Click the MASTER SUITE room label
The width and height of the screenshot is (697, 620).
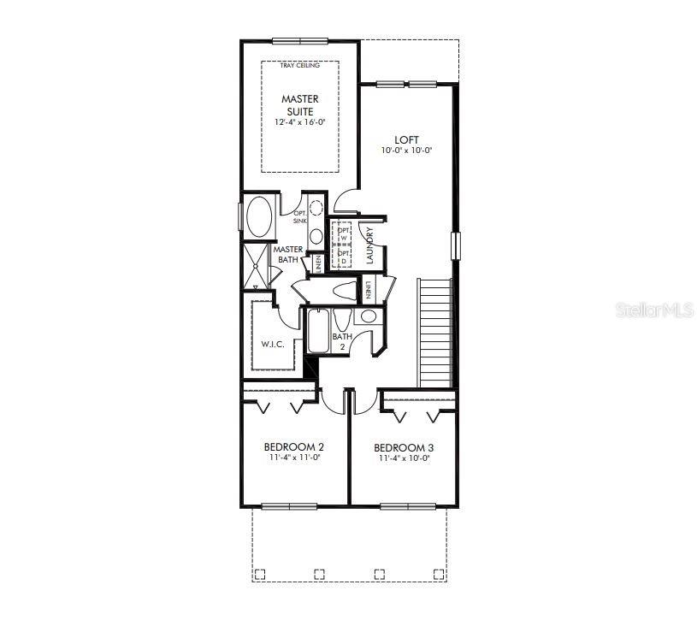point(299,105)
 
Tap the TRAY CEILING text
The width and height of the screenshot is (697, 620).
point(299,66)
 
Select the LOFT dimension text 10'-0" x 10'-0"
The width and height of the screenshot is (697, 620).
point(406,151)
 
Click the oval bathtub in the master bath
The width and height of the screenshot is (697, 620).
point(258,217)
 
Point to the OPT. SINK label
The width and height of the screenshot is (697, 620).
point(300,216)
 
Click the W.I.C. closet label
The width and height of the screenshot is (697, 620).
point(272,343)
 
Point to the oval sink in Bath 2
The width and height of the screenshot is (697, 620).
point(369,316)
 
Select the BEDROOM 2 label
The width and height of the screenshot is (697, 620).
point(293,447)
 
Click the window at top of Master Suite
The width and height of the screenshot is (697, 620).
point(299,39)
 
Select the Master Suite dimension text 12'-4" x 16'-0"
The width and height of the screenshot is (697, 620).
point(299,122)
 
